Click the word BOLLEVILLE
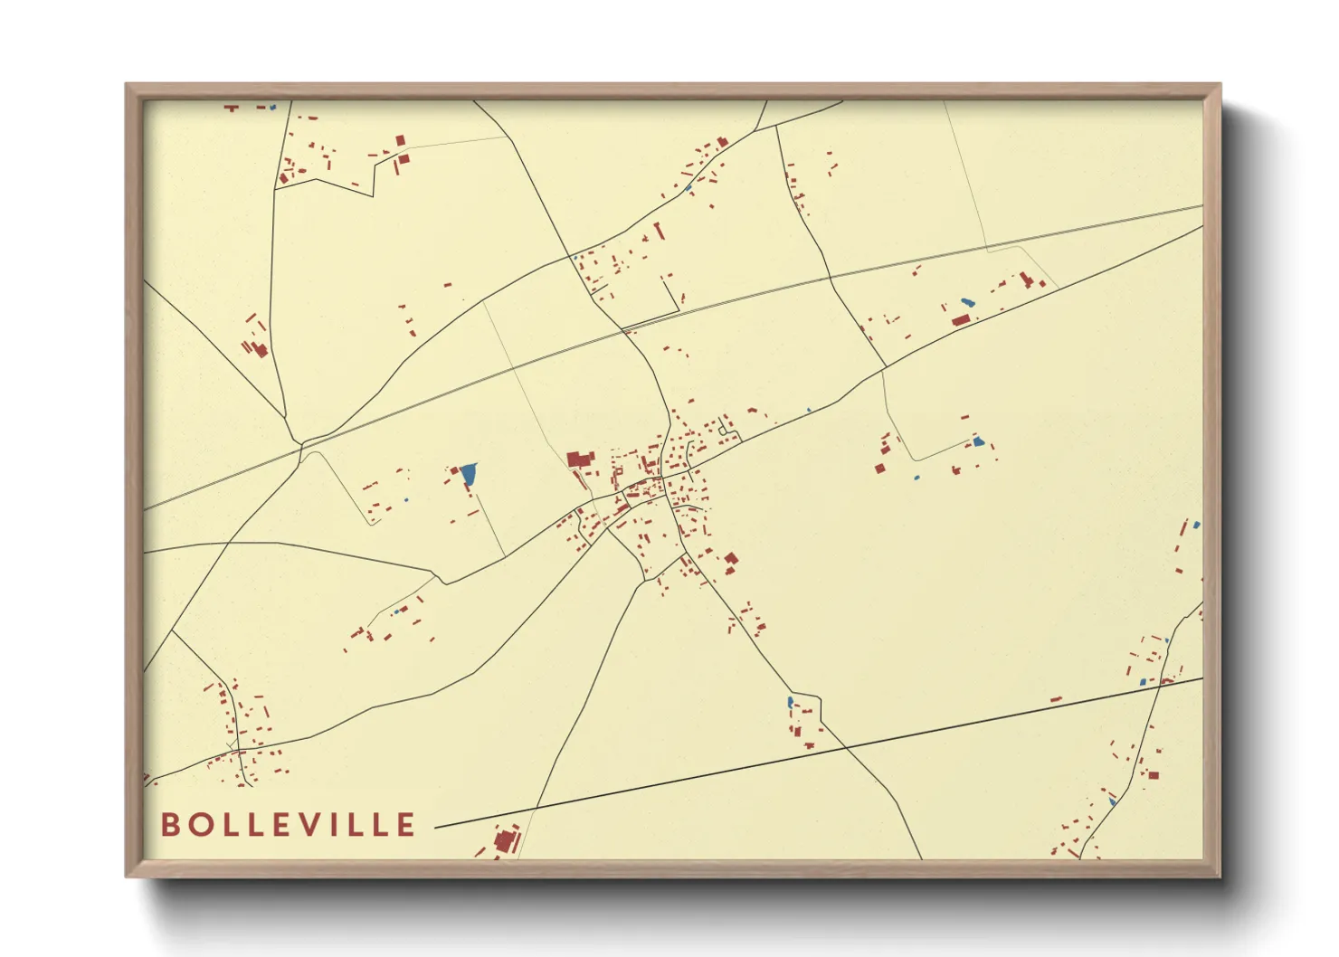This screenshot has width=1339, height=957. tap(288, 824)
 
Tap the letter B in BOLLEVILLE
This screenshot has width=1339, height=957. tap(169, 824)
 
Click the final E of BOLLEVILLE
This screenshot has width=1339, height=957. tap(405, 824)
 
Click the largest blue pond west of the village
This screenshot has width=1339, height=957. tap(468, 473)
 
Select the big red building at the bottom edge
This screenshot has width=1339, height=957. tap(505, 840)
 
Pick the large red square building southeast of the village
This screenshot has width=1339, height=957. tap(731, 559)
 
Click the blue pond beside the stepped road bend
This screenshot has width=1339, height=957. tap(790, 701)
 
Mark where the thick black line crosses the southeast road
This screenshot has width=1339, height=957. tap(847, 747)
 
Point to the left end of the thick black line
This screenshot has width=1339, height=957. tap(437, 827)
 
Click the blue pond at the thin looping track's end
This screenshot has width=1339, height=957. tap(977, 441)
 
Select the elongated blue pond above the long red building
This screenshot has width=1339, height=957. tap(967, 302)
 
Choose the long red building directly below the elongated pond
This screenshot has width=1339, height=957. tap(961, 319)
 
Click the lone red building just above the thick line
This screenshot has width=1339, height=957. tap(1055, 698)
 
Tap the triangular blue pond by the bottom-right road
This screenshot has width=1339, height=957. tap(1112, 801)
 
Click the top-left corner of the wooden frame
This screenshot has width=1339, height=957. tap(127, 85)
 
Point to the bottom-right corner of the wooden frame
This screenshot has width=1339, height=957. tap(1220, 876)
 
